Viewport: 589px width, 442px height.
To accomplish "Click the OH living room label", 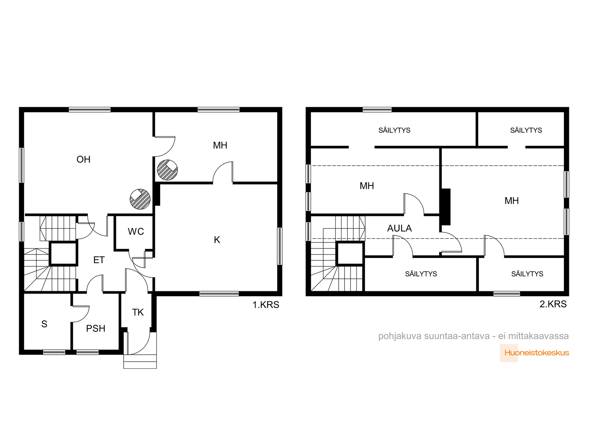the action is tap(84, 160).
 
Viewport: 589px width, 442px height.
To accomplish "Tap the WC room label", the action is tap(136, 232).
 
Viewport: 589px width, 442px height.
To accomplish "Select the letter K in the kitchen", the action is tap(217, 240).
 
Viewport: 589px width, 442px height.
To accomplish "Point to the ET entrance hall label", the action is tap(99, 260).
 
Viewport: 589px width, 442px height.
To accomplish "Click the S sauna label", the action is tap(44, 324).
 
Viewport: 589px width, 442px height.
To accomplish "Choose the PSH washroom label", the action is tap(95, 329).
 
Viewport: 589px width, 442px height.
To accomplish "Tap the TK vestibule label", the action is tap(138, 312).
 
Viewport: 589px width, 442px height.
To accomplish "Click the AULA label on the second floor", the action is tap(399, 228).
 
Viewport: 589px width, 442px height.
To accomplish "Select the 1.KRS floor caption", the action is tap(266, 305).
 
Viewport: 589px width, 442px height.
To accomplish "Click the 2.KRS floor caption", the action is tap(553, 304).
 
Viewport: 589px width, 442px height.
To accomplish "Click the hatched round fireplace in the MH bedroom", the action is tap(167, 170).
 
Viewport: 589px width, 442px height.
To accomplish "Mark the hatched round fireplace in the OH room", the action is tap(140, 199).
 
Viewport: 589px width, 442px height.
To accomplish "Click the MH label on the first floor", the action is tap(220, 145).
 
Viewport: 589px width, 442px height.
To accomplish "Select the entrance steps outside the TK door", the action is tap(140, 361).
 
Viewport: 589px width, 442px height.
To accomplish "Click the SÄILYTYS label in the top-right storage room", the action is tap(526, 130).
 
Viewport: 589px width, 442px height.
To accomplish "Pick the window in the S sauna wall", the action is tap(54, 352).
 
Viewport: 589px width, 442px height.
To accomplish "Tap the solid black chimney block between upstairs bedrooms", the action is tap(446, 207).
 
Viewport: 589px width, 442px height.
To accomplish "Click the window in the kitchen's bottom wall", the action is tap(219, 294).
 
